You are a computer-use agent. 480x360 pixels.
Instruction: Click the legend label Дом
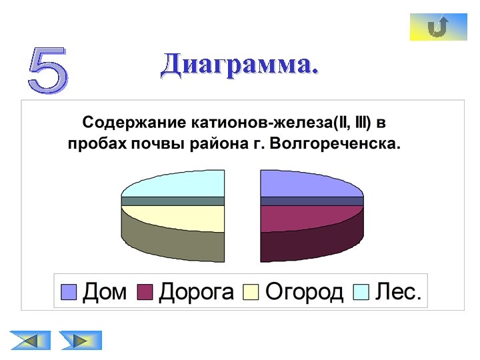click(104, 291)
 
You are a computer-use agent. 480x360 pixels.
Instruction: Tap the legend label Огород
click(304, 291)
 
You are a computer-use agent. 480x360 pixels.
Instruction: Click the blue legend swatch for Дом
click(69, 292)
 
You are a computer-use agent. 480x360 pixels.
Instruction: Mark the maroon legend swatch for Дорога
click(145, 292)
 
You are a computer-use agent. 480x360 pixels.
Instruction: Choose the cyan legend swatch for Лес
click(361, 292)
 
